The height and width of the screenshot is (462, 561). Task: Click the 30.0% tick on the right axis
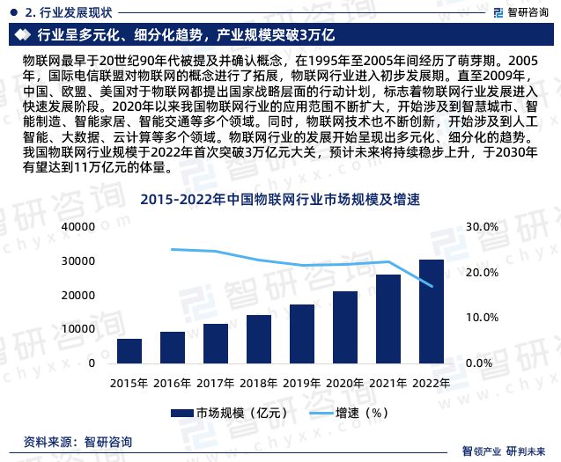[482, 227]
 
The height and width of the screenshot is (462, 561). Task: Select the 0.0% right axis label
[479, 363]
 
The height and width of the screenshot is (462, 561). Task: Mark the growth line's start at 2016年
[173, 249]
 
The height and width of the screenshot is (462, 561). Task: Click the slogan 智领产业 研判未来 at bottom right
[509, 451]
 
